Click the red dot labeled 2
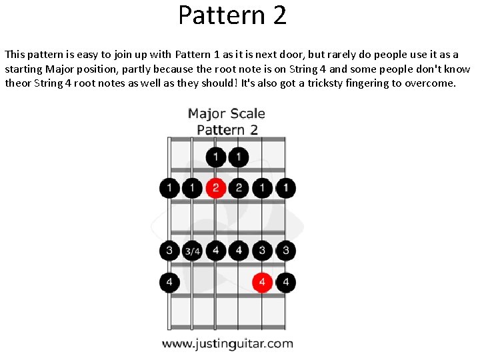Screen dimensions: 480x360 tap(215, 188)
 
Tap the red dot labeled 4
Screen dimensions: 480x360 tap(263, 283)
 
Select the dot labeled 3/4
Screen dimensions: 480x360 tap(192, 251)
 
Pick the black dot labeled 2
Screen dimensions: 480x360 tap(239, 188)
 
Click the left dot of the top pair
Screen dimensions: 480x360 tap(215, 157)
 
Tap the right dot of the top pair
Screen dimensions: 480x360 tap(239, 157)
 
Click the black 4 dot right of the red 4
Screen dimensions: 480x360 tap(286, 283)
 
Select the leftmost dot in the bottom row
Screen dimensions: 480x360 tap(169, 283)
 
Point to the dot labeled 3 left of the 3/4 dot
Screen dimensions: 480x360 tap(169, 251)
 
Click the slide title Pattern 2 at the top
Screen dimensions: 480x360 tap(232, 15)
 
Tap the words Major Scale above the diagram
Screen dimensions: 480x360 tap(227, 113)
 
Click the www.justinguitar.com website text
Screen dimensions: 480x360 tap(227, 344)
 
